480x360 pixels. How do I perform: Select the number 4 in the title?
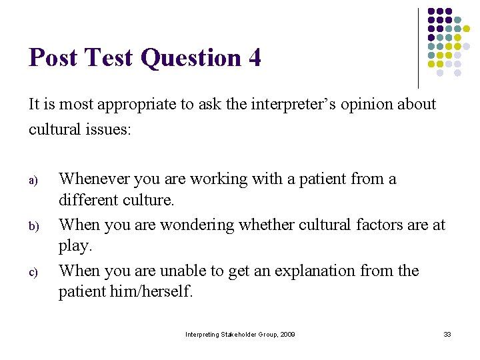tap(254, 58)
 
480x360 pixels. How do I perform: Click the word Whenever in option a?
tap(94, 179)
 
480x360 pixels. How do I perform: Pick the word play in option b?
tap(73, 245)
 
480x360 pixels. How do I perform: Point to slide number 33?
tap(447, 334)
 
